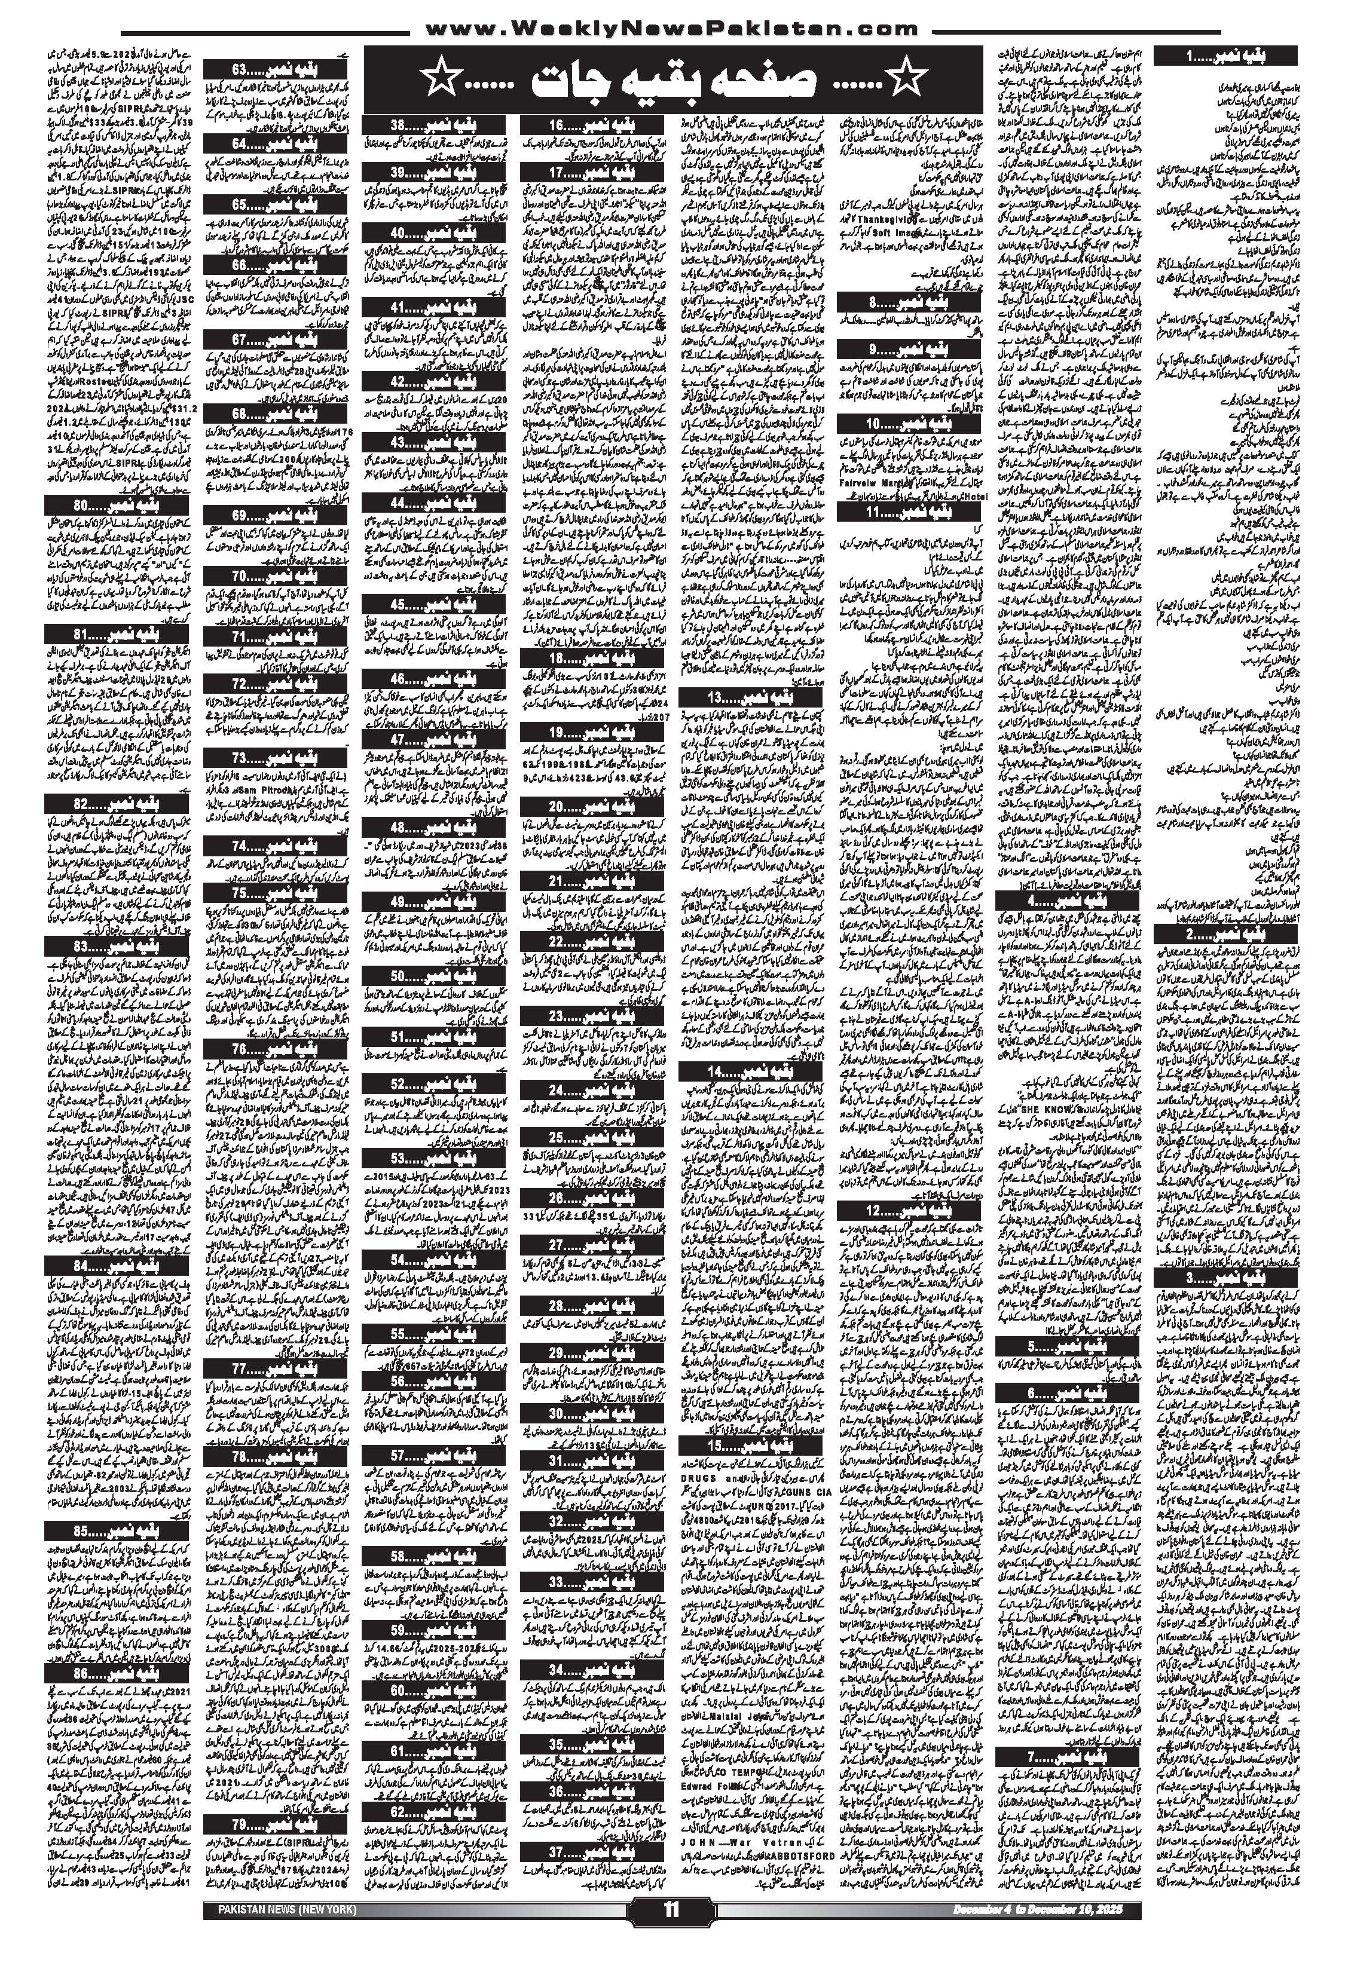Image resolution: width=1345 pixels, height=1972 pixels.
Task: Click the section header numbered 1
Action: [x=1229, y=56]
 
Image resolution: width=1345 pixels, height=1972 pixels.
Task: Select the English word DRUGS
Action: [x=702, y=1473]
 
